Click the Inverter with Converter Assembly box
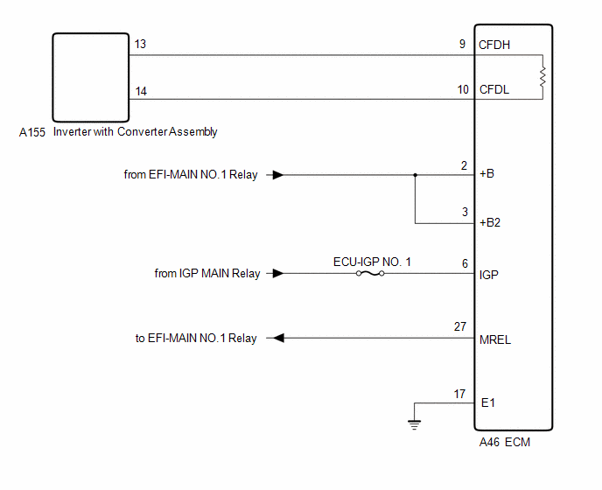89,77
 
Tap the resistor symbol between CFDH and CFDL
542,77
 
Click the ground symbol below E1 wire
413,425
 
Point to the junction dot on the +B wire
415,174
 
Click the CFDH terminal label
495,43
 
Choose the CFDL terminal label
494,89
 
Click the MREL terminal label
494,339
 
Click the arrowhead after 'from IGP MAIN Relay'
276,274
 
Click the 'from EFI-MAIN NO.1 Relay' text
191,175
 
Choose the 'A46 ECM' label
504,443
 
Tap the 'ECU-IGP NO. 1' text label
372,261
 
